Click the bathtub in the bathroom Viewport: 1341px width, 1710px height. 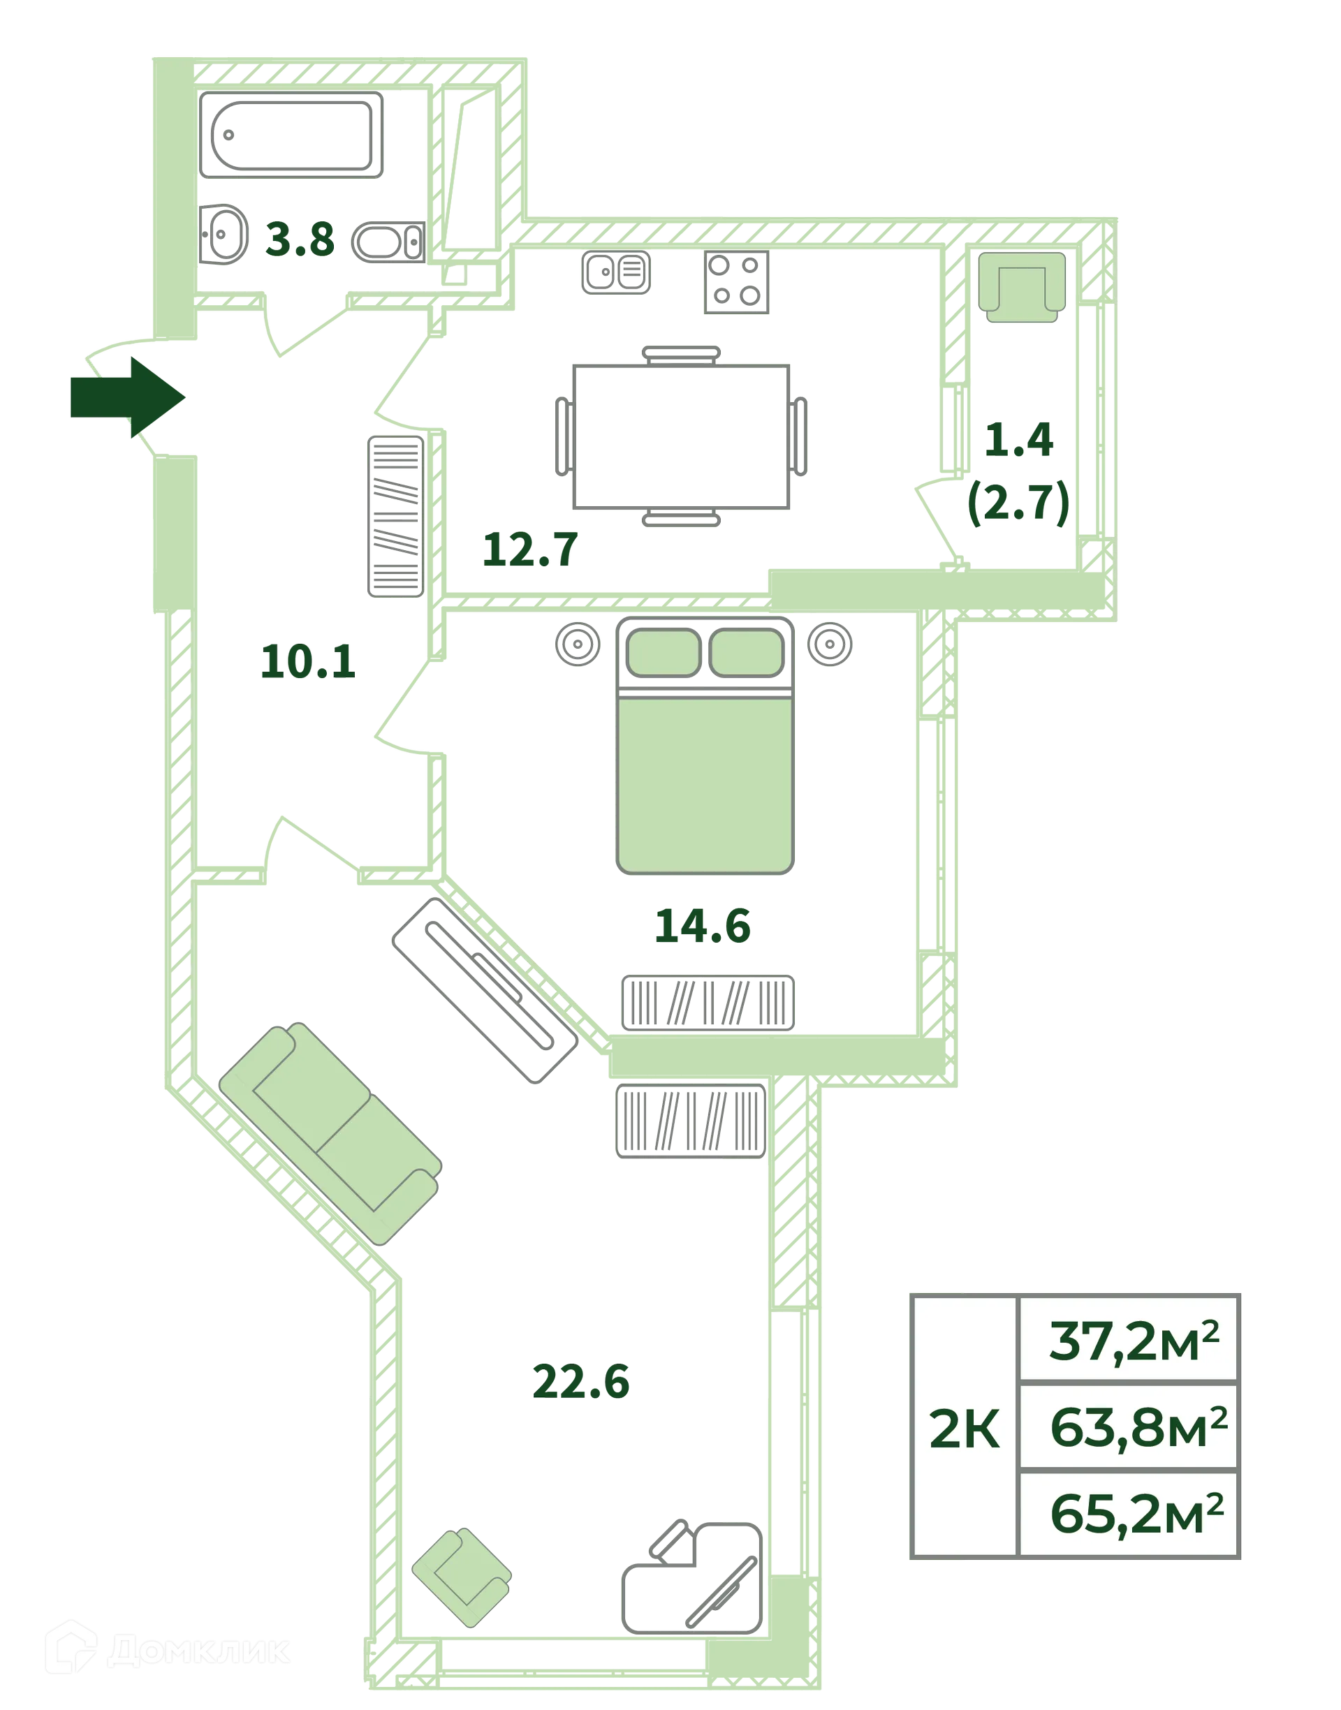(291, 135)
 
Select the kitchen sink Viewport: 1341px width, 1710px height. (616, 272)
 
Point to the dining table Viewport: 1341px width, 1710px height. (681, 436)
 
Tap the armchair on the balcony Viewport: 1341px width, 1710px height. (1021, 286)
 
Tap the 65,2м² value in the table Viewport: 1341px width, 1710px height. (1136, 1514)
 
